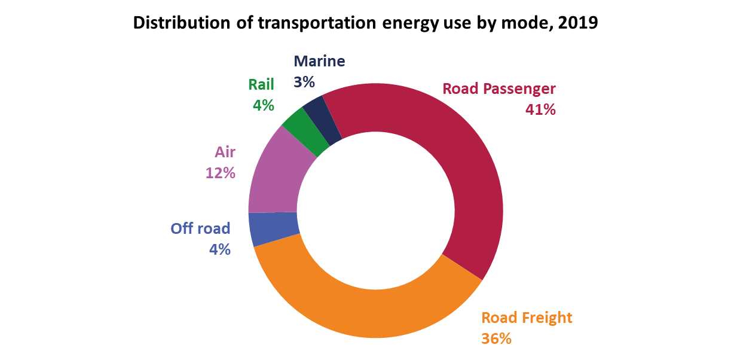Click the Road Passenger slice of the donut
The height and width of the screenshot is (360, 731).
[454, 167]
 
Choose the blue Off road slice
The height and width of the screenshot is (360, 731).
[274, 228]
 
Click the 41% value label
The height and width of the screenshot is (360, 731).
[540, 109]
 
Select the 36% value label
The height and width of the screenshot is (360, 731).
[496, 338]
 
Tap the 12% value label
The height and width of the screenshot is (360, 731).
[220, 173]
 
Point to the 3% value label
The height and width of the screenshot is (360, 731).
[304, 82]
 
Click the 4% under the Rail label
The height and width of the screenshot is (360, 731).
[263, 106]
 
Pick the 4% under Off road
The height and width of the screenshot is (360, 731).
[219, 250]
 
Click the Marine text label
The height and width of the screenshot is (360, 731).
[319, 61]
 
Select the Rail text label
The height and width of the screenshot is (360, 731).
[261, 85]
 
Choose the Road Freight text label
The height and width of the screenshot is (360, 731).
[527, 318]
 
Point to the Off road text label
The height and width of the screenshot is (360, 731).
[200, 228]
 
